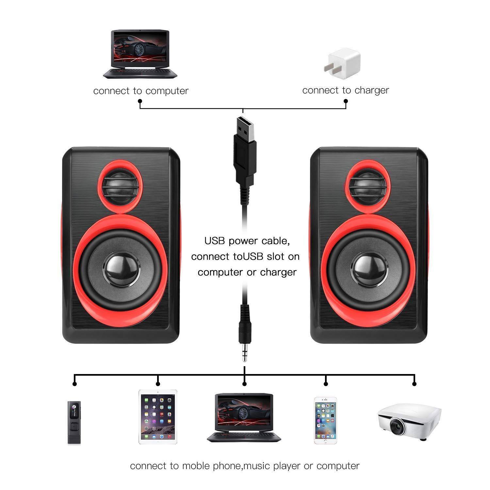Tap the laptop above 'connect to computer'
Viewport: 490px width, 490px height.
[140, 54]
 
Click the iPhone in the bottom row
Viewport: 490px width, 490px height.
[325, 420]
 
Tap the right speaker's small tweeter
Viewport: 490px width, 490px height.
[367, 186]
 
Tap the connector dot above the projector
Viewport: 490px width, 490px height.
[414, 384]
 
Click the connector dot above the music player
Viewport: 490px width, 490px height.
[75, 384]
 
